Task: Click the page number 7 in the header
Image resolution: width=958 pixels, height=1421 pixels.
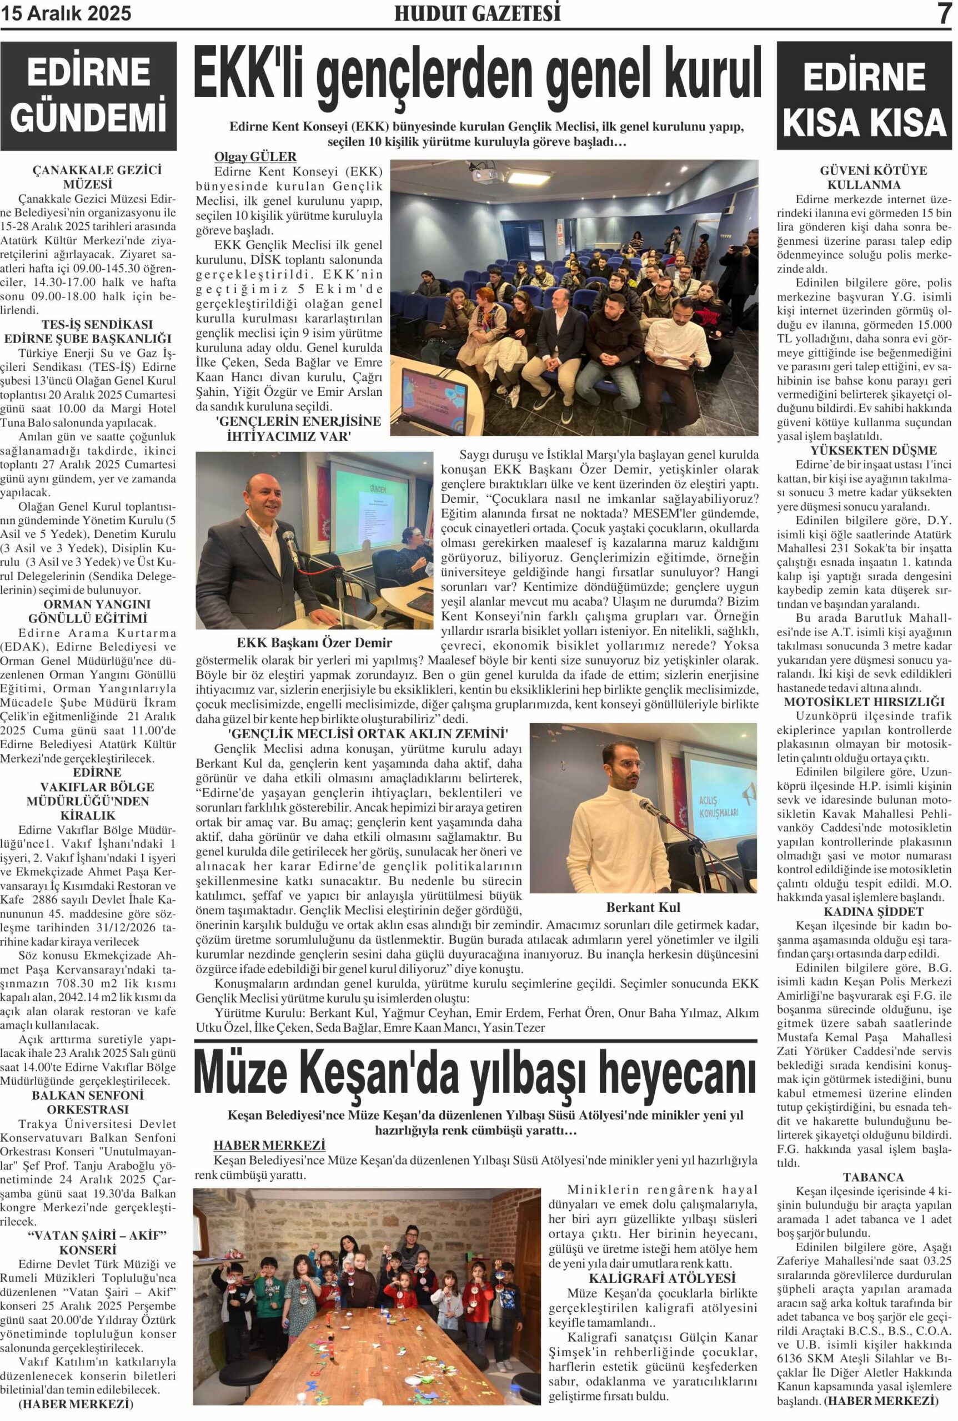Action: click(x=945, y=13)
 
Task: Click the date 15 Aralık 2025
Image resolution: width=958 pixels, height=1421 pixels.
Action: click(x=67, y=13)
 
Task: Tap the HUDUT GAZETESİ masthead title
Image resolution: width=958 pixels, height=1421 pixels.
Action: click(x=477, y=13)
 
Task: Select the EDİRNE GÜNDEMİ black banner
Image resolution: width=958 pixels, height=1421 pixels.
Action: click(x=89, y=96)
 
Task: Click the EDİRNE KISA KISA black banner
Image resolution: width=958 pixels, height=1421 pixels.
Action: click(x=864, y=97)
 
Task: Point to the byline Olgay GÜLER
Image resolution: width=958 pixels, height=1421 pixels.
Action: click(x=255, y=157)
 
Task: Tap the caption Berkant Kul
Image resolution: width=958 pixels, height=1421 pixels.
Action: click(x=643, y=908)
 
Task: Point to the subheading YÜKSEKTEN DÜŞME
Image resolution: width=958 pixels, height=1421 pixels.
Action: click(x=864, y=451)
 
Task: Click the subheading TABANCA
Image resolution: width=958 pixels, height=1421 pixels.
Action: click(x=864, y=1177)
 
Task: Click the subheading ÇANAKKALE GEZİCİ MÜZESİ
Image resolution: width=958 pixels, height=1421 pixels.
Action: click(x=88, y=177)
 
